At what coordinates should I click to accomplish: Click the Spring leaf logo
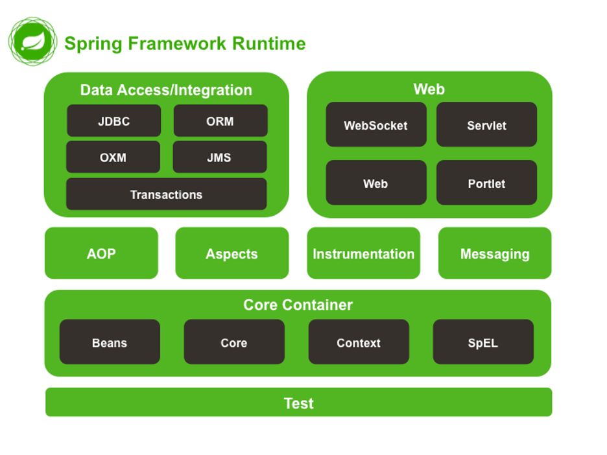click(33, 41)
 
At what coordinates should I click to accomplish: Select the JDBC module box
click(114, 121)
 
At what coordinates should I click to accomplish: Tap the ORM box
click(220, 121)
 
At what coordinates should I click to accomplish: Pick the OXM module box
click(113, 157)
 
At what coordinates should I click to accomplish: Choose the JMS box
click(219, 157)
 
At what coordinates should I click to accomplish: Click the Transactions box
click(167, 194)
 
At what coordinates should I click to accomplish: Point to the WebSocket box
click(376, 124)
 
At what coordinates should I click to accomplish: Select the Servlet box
click(486, 124)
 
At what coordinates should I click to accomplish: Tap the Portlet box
click(486, 183)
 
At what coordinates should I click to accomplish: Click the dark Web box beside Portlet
click(376, 183)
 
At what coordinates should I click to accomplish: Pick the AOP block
click(101, 253)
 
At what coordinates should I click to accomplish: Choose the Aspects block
click(232, 253)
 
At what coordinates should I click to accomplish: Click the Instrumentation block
click(364, 253)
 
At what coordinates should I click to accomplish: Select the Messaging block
click(495, 253)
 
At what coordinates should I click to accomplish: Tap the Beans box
click(110, 342)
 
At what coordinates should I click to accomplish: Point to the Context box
click(359, 342)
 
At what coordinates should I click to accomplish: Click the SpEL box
click(483, 342)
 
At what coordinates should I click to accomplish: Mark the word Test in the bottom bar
click(299, 403)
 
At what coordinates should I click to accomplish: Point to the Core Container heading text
click(298, 305)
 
